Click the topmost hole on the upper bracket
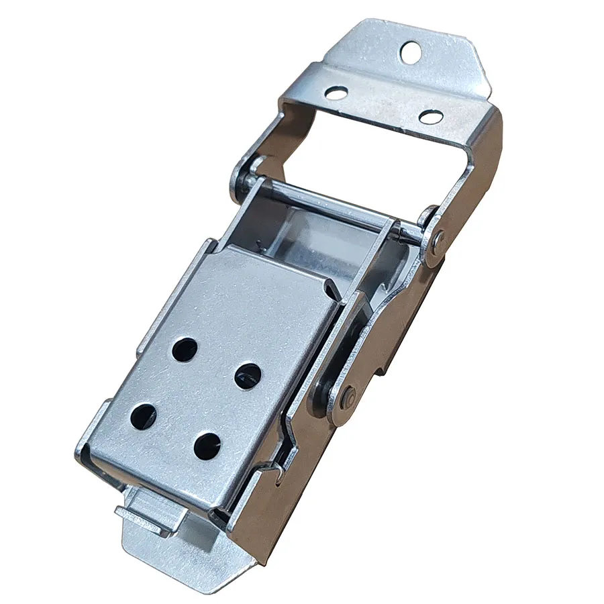tap(411, 52)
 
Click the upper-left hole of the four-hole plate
tap(184, 349)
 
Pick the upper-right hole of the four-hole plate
tap(248, 374)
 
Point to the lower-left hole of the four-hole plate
tap(144, 416)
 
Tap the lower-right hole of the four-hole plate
tap(207, 445)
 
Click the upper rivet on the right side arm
tap(438, 238)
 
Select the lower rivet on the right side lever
tap(348, 397)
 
